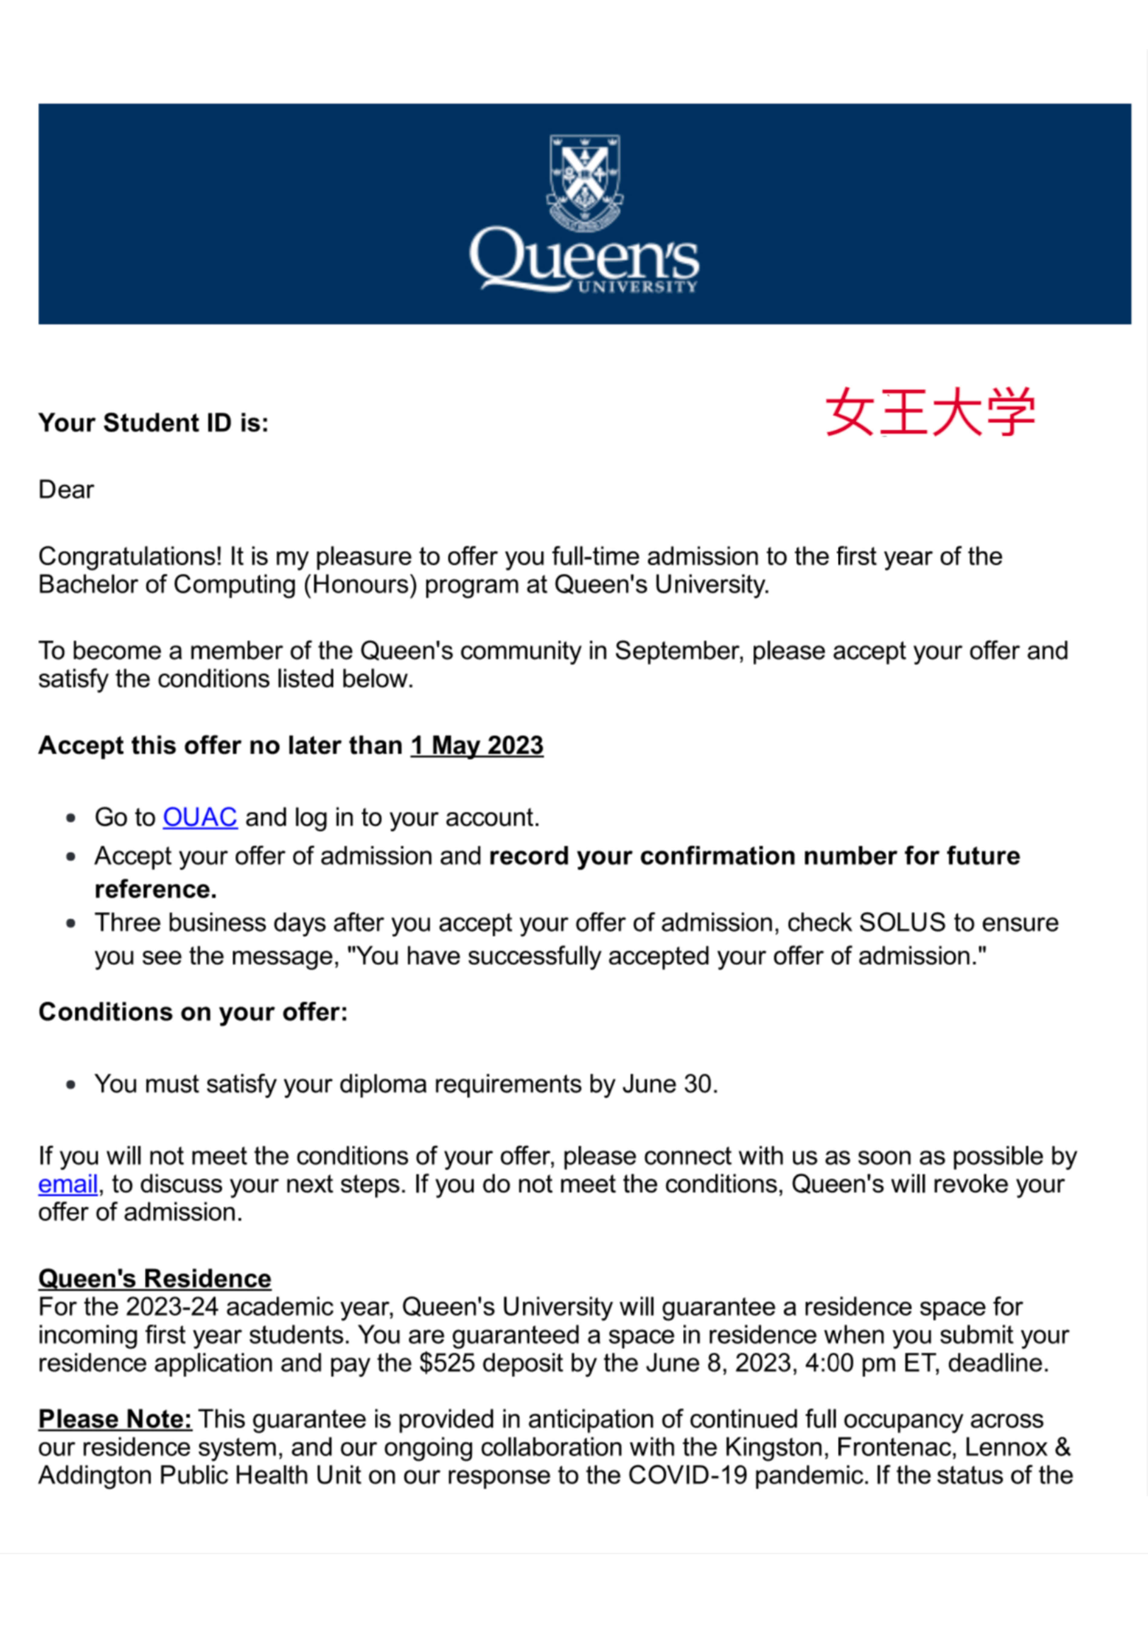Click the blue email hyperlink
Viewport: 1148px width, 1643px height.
pos(68,1184)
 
